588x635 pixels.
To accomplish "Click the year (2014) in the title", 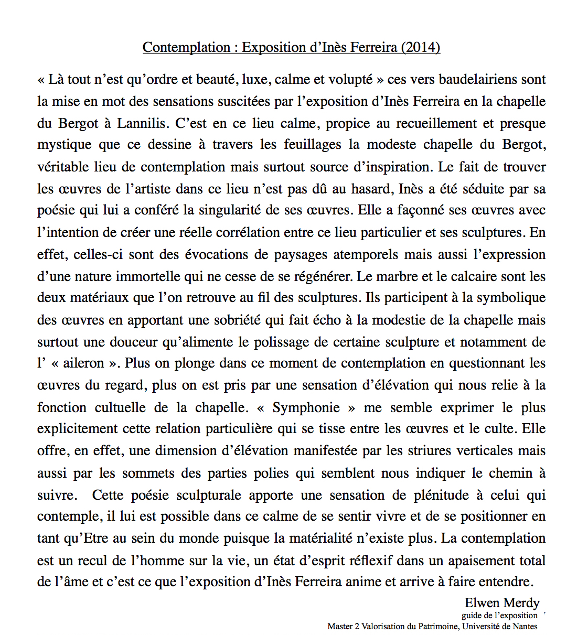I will (x=420, y=47).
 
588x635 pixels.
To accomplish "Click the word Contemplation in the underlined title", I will (x=186, y=47).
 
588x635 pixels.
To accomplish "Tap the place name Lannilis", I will (x=141, y=123).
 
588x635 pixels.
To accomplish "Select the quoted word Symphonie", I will (x=306, y=407).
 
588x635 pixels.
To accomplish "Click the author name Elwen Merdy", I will (x=501, y=603).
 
